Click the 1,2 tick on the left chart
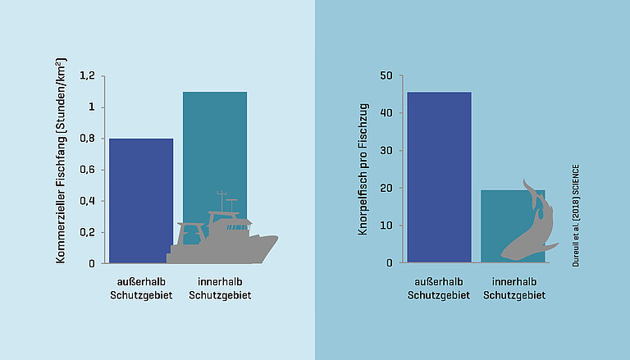pyautogui.click(x=87, y=76)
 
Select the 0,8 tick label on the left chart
pyautogui.click(x=87, y=139)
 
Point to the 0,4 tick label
pyautogui.click(x=87, y=201)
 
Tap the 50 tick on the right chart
pyautogui.click(x=386, y=76)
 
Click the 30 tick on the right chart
pyautogui.click(x=386, y=151)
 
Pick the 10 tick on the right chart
pyautogui.click(x=386, y=226)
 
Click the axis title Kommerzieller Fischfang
pyautogui.click(x=61, y=161)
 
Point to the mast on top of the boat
pyautogui.click(x=220, y=201)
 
